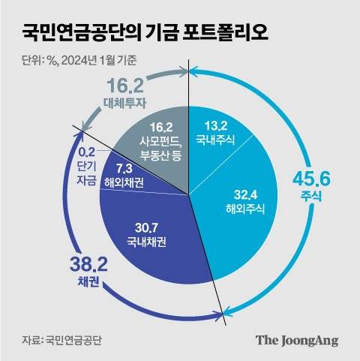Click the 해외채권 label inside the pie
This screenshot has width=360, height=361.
[124, 184]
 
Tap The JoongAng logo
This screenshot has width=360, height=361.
[297, 340]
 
